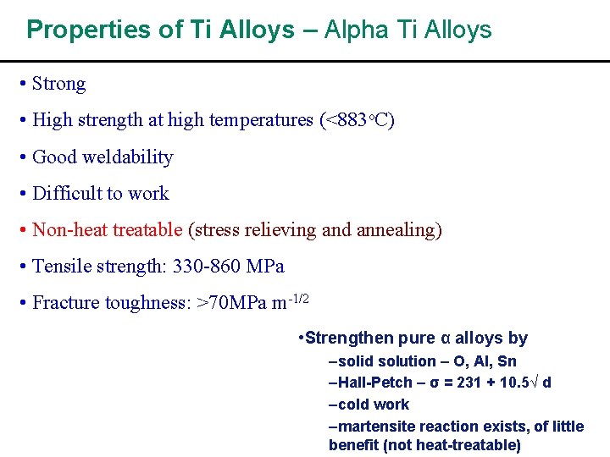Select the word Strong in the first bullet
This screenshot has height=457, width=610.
coord(58,84)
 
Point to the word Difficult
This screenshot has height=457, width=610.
coord(67,193)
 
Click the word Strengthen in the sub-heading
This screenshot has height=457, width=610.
coord(349,339)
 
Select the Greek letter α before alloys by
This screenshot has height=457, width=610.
coord(446,339)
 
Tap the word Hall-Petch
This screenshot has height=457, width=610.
coord(373,383)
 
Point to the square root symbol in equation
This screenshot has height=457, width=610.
coord(535,383)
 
